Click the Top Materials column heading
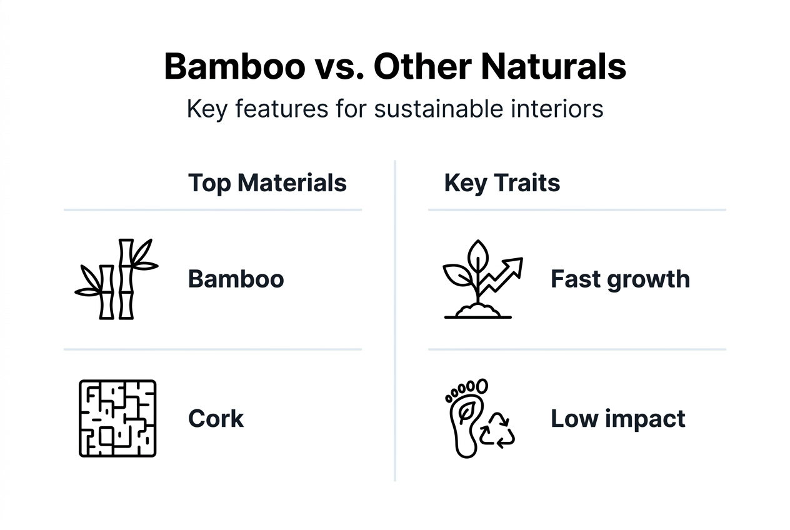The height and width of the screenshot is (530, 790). pyautogui.click(x=267, y=183)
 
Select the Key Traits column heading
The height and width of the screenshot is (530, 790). pyautogui.click(x=502, y=183)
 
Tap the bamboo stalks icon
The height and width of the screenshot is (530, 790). pyautogui.click(x=117, y=279)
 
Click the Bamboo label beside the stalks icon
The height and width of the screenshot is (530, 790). pyautogui.click(x=236, y=279)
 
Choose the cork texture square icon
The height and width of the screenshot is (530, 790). pyautogui.click(x=117, y=417)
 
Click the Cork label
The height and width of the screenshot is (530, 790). pyautogui.click(x=216, y=418)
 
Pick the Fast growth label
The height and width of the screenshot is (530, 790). pyautogui.click(x=620, y=279)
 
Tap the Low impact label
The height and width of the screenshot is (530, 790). pyautogui.click(x=617, y=418)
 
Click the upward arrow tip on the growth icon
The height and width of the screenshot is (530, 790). pyautogui.click(x=517, y=262)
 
